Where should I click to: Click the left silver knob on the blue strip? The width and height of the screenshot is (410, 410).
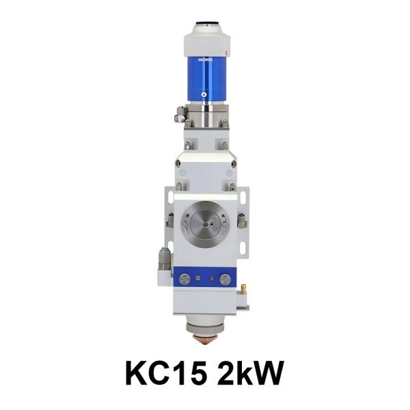pyautogui.click(x=195, y=279)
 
